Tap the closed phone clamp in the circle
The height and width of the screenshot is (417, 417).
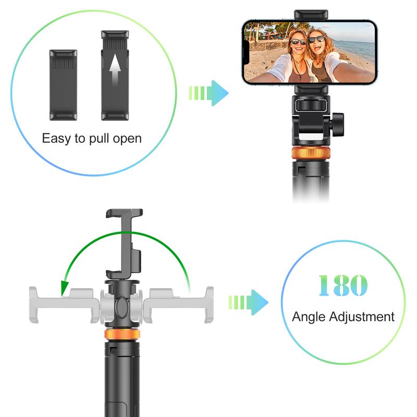pyautogui.click(x=63, y=84)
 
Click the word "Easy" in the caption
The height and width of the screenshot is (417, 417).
pyautogui.click(x=55, y=139)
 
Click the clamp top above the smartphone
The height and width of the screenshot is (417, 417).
pyautogui.click(x=311, y=15)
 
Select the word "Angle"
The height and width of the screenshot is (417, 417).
pyautogui.click(x=311, y=316)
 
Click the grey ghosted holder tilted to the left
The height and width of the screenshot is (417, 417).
pyautogui.click(x=63, y=305)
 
